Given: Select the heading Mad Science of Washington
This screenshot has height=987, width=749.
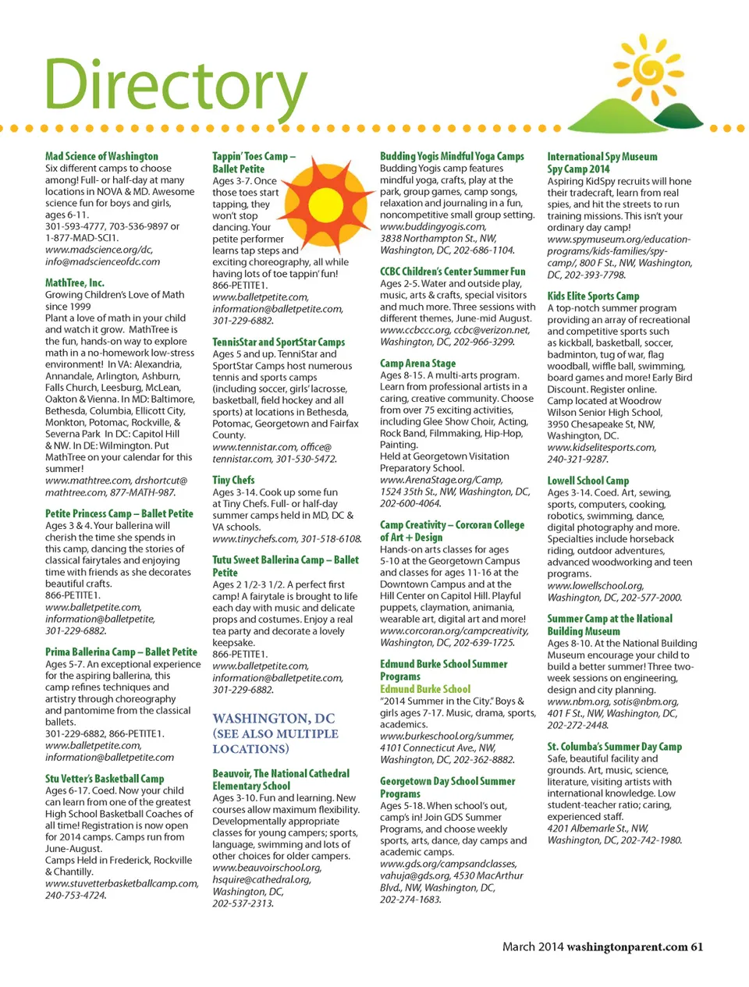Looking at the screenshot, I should (101, 156).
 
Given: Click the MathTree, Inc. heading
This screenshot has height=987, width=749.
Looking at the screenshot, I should (74, 282).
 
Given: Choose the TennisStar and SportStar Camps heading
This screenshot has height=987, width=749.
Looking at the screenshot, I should (279, 342).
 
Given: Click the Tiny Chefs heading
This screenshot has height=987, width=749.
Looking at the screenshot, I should (233, 480).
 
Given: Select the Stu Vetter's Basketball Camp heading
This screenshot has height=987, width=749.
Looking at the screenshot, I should (105, 778).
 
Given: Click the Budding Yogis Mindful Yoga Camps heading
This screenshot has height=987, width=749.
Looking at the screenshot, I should (452, 156).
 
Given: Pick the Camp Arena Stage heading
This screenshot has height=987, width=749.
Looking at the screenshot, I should (417, 363).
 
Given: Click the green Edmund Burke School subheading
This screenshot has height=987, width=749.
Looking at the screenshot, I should (425, 689).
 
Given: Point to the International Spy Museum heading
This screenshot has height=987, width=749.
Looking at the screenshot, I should (602, 157).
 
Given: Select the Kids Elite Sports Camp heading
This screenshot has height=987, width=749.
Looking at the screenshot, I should (593, 296).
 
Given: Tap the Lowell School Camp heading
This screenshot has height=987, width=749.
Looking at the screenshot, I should (587, 481).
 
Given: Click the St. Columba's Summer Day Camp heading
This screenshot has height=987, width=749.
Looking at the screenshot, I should (614, 746).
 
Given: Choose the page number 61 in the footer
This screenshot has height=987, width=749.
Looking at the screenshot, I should (697, 946).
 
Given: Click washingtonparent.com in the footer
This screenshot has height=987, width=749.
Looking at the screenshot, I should (627, 946).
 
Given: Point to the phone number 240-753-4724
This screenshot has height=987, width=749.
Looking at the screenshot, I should (75, 895).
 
